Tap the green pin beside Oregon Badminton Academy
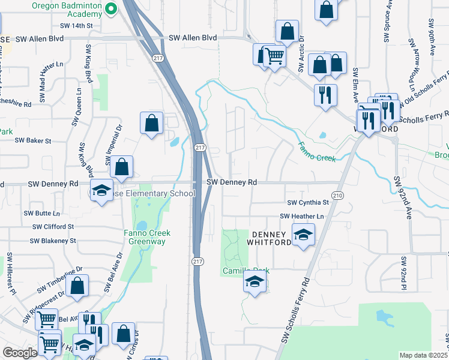pyautogui.click(x=110, y=8)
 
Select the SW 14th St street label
pyautogui.click(x=77, y=26)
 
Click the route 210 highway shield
pyautogui.click(x=338, y=196)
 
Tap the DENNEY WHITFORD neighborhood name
pyautogui.click(x=271, y=238)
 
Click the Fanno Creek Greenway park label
pyautogui.click(x=147, y=237)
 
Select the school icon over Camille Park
pyautogui.click(x=255, y=282)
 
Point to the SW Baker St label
pyautogui.click(x=34, y=140)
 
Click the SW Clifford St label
pyautogui.click(x=54, y=227)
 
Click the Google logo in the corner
pyautogui.click(x=20, y=353)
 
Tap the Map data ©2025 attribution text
pyautogui.click(x=423, y=355)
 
